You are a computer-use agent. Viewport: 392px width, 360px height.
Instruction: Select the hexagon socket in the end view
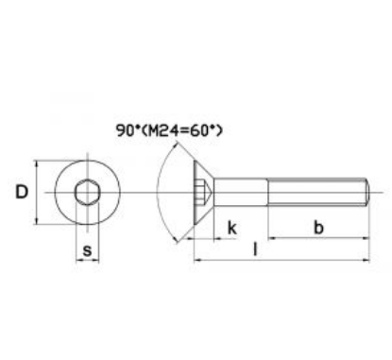pyautogui.click(x=86, y=194)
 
